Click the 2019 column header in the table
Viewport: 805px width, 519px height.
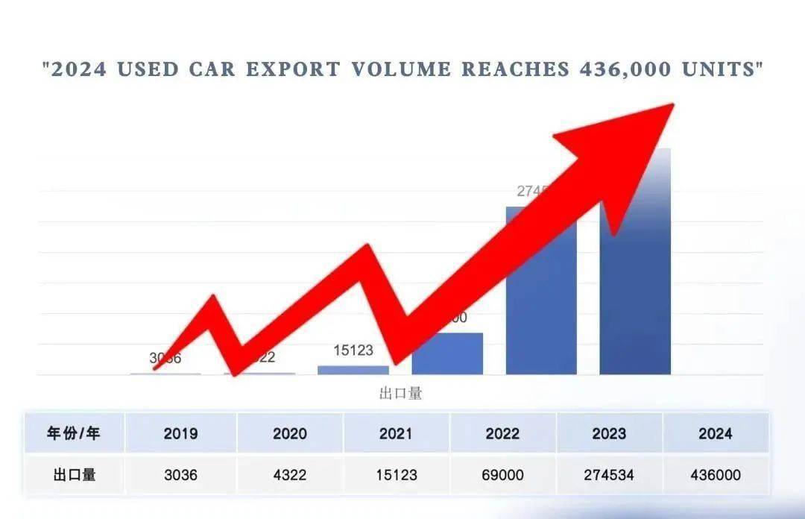coord(180,433)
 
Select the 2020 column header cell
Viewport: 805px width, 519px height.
coord(289,433)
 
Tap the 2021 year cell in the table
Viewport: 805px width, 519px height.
coord(396,433)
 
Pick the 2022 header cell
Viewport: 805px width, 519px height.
coord(502,433)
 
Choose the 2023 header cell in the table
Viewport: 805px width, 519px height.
coord(609,433)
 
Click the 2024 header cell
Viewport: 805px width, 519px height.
coord(715,433)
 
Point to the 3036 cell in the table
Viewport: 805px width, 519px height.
coord(180,474)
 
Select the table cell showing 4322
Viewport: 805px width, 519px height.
coord(289,474)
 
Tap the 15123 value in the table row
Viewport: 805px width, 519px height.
coord(396,474)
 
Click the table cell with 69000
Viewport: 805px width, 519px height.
coord(502,474)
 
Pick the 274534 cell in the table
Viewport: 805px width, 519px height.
coord(609,474)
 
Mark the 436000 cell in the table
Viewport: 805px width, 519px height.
coord(715,474)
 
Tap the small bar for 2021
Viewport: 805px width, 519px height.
coord(353,370)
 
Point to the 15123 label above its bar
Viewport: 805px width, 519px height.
coord(353,350)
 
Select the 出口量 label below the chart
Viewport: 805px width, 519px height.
coord(400,393)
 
